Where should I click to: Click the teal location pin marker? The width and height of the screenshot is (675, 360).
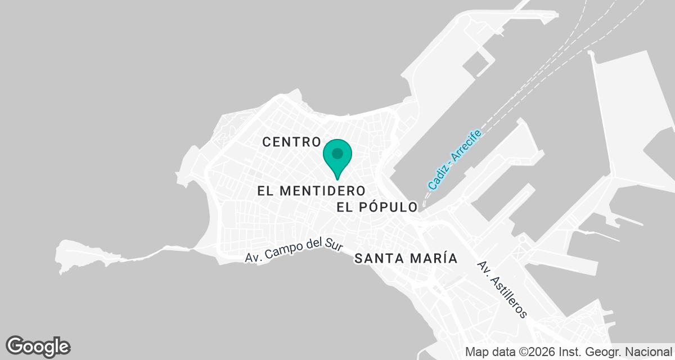(x=337, y=157)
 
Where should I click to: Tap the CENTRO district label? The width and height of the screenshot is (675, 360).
(x=291, y=142)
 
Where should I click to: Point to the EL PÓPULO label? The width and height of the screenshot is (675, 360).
(x=377, y=207)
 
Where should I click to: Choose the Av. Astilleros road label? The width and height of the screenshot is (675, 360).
(x=502, y=289)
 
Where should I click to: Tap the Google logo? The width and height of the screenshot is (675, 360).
(x=38, y=346)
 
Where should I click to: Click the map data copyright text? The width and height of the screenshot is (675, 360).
(x=569, y=353)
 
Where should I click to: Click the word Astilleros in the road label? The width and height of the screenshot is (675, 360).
(x=508, y=296)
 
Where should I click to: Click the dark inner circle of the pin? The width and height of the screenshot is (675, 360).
(x=337, y=153)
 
